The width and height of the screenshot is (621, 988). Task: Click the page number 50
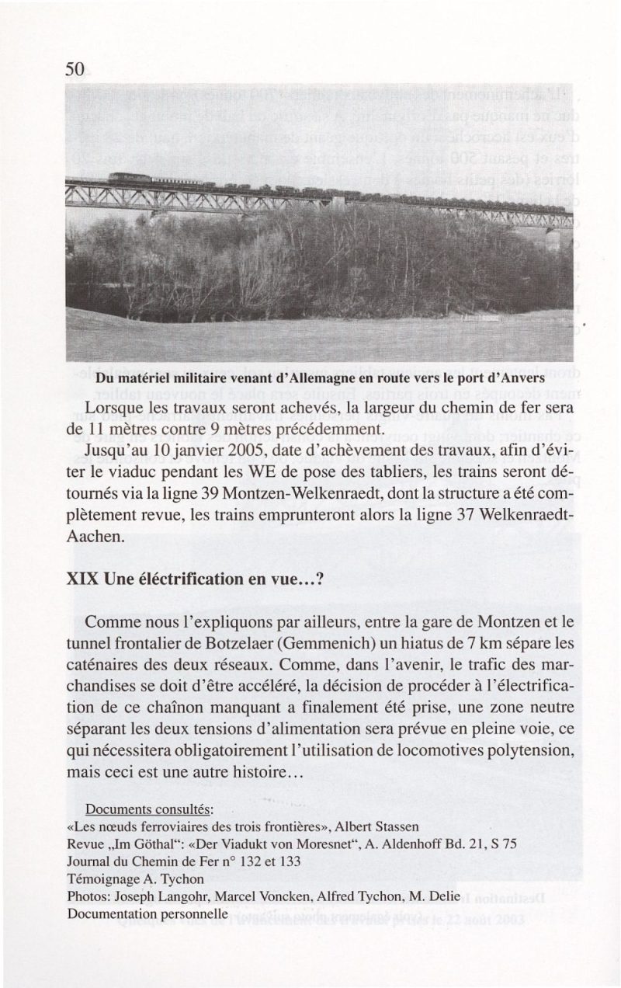(75, 69)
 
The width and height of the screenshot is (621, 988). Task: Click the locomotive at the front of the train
(127, 178)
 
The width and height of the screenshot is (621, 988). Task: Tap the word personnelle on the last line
(192, 914)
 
